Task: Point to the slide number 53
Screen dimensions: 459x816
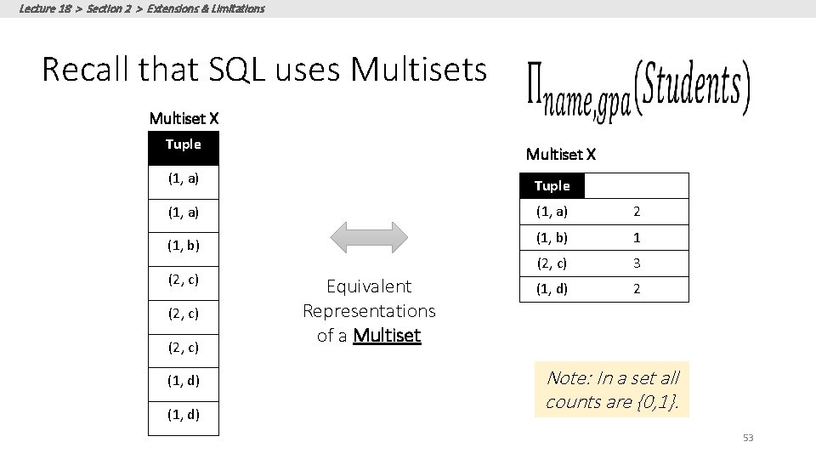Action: pyautogui.click(x=748, y=438)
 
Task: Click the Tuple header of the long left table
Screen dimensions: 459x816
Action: pyautogui.click(x=184, y=144)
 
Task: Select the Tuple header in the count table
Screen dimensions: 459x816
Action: pyautogui.click(x=552, y=186)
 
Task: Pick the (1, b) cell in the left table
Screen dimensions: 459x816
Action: pyautogui.click(x=184, y=246)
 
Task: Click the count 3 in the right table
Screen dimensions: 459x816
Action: pyautogui.click(x=637, y=263)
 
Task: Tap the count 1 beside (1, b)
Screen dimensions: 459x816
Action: pyautogui.click(x=637, y=238)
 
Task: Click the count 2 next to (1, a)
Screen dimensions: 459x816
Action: pyautogui.click(x=637, y=212)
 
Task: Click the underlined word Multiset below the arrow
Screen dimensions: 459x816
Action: pyautogui.click(x=387, y=336)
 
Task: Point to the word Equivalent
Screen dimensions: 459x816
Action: pyautogui.click(x=369, y=286)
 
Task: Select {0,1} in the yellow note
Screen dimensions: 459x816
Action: pyautogui.click(x=655, y=402)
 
